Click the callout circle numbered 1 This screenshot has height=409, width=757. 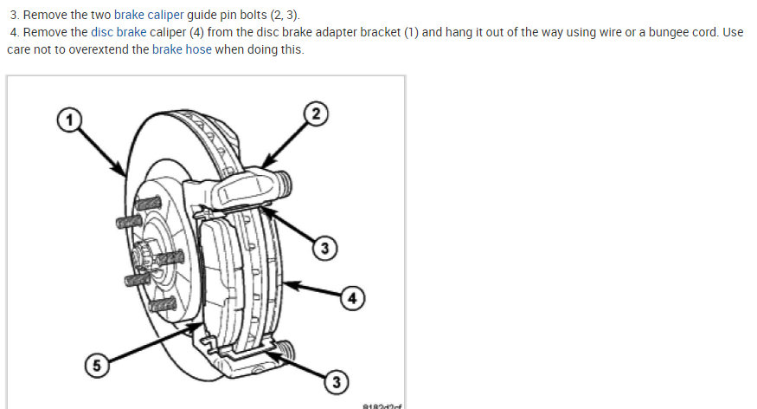67,119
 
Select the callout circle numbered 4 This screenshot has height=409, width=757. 351,298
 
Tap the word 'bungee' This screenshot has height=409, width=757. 667,33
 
